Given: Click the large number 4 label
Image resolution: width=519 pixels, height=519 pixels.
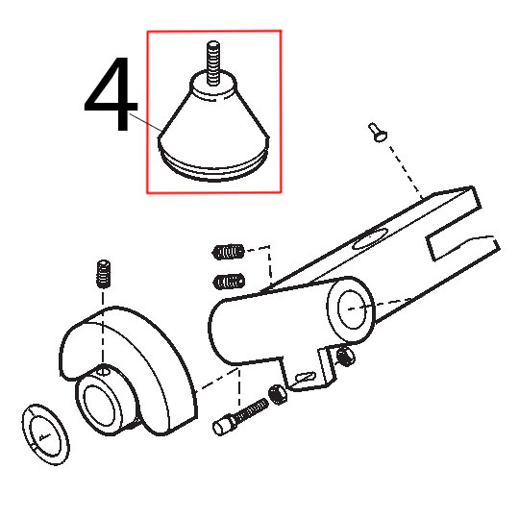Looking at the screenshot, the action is coord(111,93).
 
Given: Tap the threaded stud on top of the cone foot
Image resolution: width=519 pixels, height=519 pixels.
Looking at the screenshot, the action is coord(213,62).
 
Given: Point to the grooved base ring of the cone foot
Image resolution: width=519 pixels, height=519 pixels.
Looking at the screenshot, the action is coord(213,168).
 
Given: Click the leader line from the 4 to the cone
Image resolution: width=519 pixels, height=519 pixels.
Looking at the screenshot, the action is coord(146,122).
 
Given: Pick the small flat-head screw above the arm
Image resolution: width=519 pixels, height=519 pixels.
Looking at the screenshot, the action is coord(378,132).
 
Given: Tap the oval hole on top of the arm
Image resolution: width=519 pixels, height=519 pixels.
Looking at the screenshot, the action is coord(370,238).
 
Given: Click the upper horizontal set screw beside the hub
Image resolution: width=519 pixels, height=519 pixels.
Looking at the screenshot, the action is coord(228,252).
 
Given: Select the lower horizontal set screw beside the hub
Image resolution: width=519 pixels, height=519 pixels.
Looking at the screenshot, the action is coord(229,282).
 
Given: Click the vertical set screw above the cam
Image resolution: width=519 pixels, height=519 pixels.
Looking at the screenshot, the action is coord(104,274).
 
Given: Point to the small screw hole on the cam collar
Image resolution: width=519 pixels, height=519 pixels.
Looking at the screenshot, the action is coord(104,370).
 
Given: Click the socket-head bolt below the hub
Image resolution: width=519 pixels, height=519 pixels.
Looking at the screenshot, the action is coord(240,416).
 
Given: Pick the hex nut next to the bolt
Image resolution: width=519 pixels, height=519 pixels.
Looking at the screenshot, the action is coord(278,395).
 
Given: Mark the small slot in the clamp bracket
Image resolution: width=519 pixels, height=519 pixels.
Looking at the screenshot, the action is coord(304,377).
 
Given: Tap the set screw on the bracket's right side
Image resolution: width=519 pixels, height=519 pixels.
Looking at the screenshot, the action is coord(345,358).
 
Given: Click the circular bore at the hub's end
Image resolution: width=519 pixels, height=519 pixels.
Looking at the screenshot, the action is coord(353,309).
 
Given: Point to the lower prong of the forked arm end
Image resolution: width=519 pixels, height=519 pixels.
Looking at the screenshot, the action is coord(463,248).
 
